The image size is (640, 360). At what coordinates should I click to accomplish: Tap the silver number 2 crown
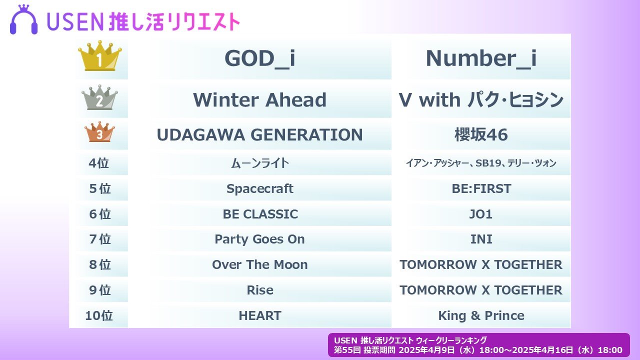tap(99, 98)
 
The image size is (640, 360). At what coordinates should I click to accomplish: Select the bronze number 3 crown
tap(99, 132)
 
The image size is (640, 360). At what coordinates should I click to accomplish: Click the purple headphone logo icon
tap(24, 20)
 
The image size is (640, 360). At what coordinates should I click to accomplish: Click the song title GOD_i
tap(259, 58)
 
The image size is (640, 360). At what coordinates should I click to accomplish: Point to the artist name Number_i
tap(480, 58)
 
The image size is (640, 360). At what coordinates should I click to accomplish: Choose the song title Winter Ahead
tap(259, 100)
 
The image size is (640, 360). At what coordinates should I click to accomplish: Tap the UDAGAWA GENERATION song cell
tap(259, 134)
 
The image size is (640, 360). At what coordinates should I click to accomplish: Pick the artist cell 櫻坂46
tap(480, 134)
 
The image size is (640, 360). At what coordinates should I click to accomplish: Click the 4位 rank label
tap(98, 163)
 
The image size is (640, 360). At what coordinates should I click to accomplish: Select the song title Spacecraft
tap(259, 188)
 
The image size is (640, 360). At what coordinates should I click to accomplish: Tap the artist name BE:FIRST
tap(480, 188)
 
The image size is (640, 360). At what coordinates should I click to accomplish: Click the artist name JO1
tap(480, 214)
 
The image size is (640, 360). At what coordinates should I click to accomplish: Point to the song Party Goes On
tap(259, 239)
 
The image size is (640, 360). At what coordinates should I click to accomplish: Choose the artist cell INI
tap(480, 239)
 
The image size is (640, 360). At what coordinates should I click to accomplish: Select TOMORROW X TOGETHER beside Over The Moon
tap(480, 264)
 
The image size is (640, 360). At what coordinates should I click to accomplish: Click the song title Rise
tap(259, 290)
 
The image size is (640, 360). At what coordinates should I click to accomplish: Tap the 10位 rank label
tap(98, 315)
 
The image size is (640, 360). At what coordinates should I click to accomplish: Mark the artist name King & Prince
tap(480, 315)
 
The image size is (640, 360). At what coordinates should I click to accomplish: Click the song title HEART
tap(259, 315)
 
